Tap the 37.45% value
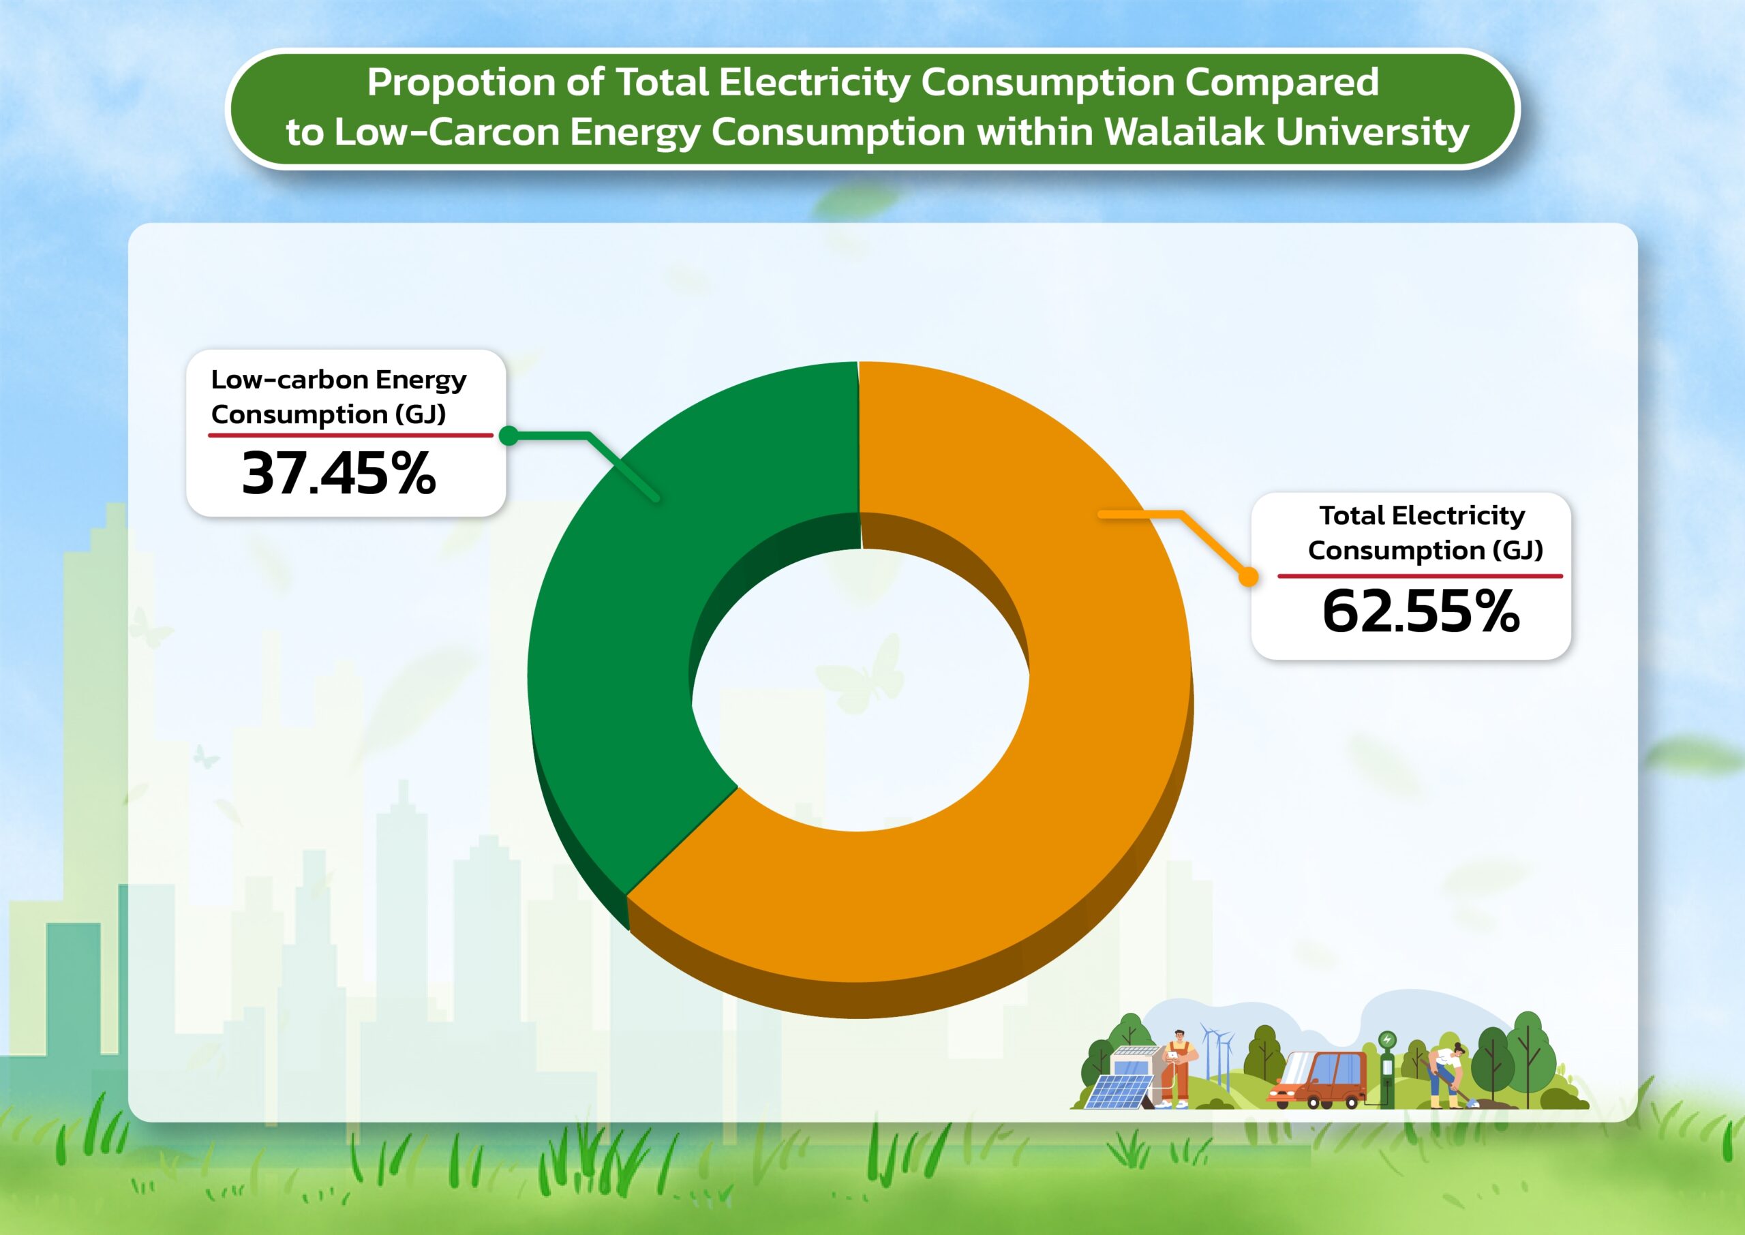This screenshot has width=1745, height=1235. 339,474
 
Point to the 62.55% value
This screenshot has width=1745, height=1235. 1421,611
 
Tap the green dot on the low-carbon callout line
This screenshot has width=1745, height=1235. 509,436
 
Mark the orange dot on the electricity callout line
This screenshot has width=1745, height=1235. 1247,577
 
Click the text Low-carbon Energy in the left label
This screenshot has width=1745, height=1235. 339,379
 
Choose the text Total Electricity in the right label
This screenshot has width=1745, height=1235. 1422,515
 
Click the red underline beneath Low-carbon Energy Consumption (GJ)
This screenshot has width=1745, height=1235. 350,435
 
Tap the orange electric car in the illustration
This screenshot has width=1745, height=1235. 1319,1080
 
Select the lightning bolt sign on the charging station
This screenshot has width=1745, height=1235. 1388,1039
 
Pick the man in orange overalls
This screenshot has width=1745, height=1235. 1177,1069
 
